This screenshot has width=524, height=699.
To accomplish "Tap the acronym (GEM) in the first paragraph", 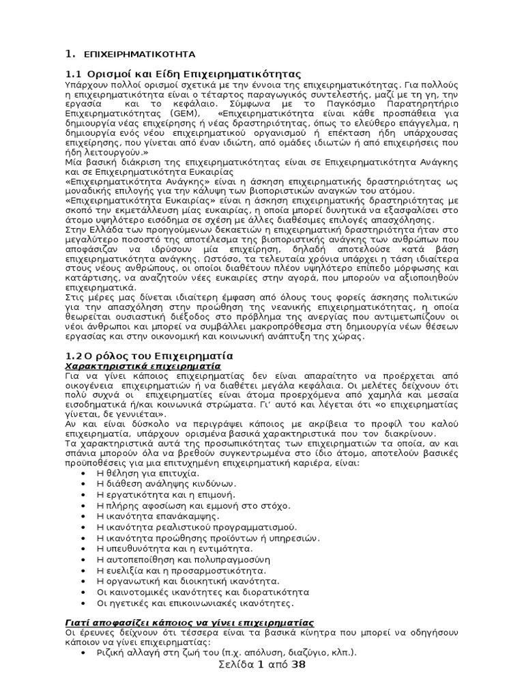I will [187, 113].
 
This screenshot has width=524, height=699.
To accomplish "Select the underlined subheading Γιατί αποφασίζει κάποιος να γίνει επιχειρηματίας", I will [188, 623].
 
